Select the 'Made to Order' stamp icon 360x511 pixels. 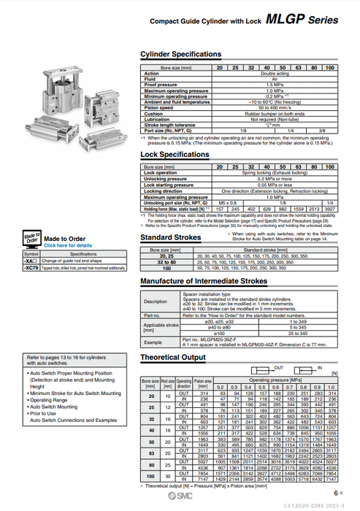[x=31, y=241]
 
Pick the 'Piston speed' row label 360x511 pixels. [x=157, y=108]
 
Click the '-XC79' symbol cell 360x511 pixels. [x=30, y=269]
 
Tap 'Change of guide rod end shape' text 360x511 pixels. [x=73, y=261]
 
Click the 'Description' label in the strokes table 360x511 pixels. [x=155, y=301]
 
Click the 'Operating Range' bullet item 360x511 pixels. [x=52, y=400]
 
